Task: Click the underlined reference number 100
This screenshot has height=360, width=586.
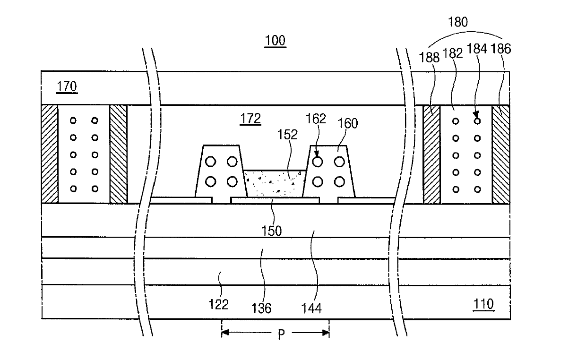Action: (276, 41)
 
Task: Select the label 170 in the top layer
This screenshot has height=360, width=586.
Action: (66, 87)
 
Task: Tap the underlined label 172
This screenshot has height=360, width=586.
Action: (250, 119)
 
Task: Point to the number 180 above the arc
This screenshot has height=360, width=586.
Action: (457, 22)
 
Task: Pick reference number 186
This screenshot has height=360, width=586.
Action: (501, 49)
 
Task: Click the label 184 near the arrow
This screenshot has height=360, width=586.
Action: (477, 49)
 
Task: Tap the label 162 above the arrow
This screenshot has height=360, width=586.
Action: (316, 119)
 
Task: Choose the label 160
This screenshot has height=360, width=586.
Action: (348, 124)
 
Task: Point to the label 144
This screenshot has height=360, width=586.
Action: (311, 309)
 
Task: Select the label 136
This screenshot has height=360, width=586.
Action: (262, 309)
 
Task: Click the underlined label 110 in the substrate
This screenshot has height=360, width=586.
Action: (483, 304)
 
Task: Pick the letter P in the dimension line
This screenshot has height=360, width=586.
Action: (281, 335)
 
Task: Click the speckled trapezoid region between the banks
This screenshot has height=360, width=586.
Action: (275, 184)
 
